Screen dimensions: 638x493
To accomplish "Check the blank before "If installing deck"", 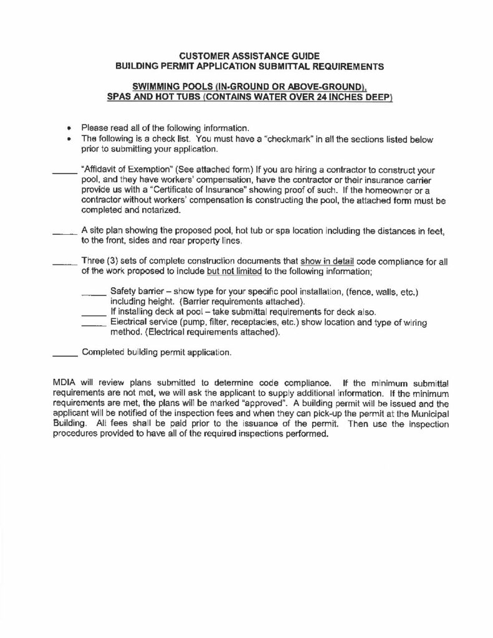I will coord(94,312).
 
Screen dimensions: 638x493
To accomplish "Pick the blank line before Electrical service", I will coord(94,322).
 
